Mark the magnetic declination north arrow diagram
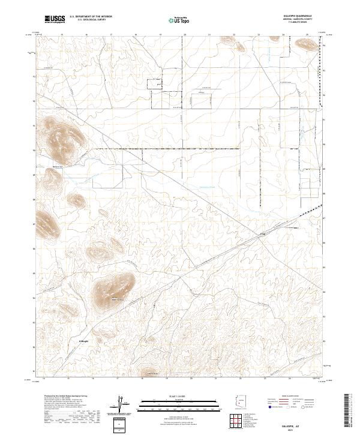click(124, 404)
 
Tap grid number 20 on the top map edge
click(185, 35)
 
